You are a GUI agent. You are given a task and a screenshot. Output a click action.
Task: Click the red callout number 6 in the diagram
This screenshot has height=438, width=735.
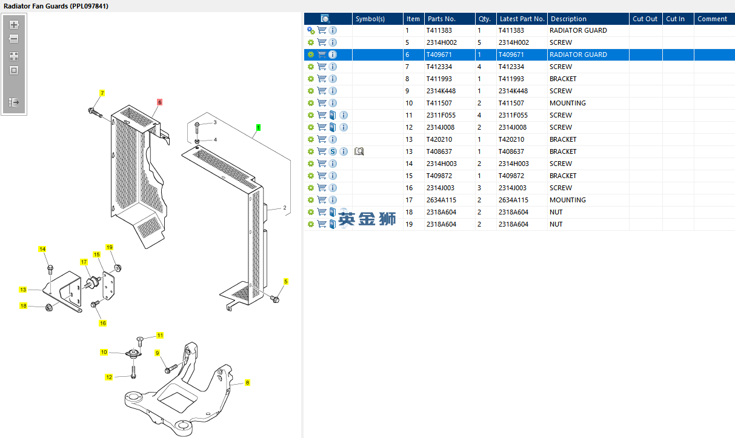pyautogui.click(x=159, y=102)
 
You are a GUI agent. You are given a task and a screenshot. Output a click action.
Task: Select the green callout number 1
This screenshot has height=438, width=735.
pyautogui.click(x=258, y=128)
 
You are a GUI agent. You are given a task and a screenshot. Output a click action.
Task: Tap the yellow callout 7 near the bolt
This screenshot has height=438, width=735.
pyautogui.click(x=102, y=93)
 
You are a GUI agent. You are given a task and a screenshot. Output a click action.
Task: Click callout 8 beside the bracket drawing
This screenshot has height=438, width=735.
pyautogui.click(x=247, y=383)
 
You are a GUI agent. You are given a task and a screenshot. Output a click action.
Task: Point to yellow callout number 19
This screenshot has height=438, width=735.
pyautogui.click(x=110, y=247)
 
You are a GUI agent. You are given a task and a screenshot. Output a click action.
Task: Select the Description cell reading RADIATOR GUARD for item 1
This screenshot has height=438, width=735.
pyautogui.click(x=578, y=30)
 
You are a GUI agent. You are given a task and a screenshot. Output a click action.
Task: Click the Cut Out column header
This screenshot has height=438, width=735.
pyautogui.click(x=645, y=19)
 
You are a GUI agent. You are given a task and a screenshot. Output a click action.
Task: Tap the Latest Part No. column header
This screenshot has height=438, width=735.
pyautogui.click(x=522, y=19)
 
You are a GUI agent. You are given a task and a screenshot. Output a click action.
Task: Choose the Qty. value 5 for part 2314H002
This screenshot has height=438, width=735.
pyautogui.click(x=479, y=42)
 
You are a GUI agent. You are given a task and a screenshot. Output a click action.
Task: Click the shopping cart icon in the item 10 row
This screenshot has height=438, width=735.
pyautogui.click(x=322, y=103)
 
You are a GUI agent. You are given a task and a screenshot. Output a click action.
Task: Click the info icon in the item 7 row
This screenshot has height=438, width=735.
pyautogui.click(x=333, y=67)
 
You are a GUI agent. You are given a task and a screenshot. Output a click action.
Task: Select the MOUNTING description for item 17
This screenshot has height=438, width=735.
pyautogui.click(x=567, y=200)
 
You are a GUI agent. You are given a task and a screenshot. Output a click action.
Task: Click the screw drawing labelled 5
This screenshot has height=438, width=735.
pyautogui.click(x=274, y=298)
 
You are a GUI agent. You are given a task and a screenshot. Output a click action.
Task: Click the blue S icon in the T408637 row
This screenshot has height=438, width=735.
pyautogui.click(x=333, y=151)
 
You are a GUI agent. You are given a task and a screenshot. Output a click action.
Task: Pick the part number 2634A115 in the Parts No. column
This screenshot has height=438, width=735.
pyautogui.click(x=441, y=200)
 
